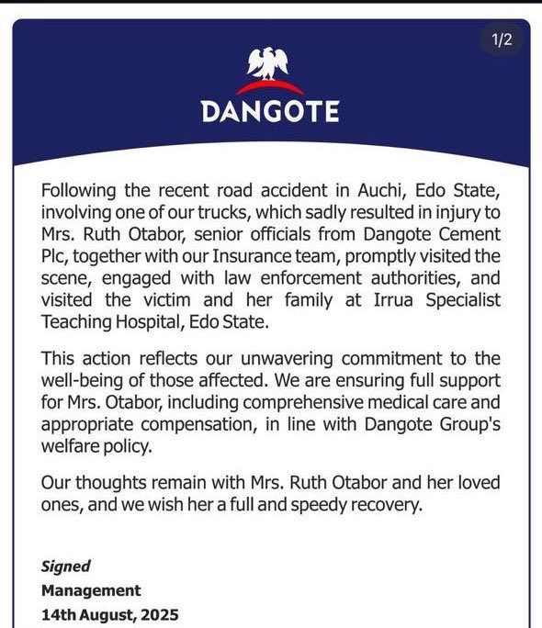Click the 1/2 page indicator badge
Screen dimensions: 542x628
(501, 39)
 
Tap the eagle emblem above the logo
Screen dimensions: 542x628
(270, 64)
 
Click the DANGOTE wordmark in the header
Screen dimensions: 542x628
(270, 111)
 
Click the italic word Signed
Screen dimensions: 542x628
(65, 566)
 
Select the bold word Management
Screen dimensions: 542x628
(91, 590)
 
